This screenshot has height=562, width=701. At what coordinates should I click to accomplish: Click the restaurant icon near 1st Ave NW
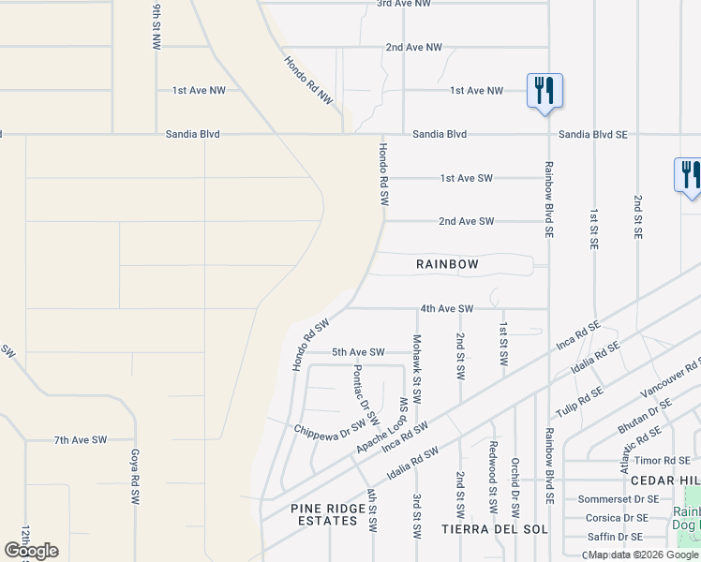(544, 92)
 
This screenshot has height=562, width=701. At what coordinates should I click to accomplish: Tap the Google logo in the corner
(31, 550)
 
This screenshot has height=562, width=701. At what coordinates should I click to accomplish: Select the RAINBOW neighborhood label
(447, 265)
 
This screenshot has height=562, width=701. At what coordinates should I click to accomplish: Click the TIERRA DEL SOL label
(486, 530)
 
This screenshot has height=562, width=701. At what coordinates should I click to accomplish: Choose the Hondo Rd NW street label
(308, 79)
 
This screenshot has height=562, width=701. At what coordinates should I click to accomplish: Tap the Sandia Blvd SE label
(592, 135)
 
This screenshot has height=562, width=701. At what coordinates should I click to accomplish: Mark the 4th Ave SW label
(447, 308)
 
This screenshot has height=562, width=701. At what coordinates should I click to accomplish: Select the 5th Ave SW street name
(358, 352)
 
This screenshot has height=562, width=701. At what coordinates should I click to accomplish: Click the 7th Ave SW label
(81, 439)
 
